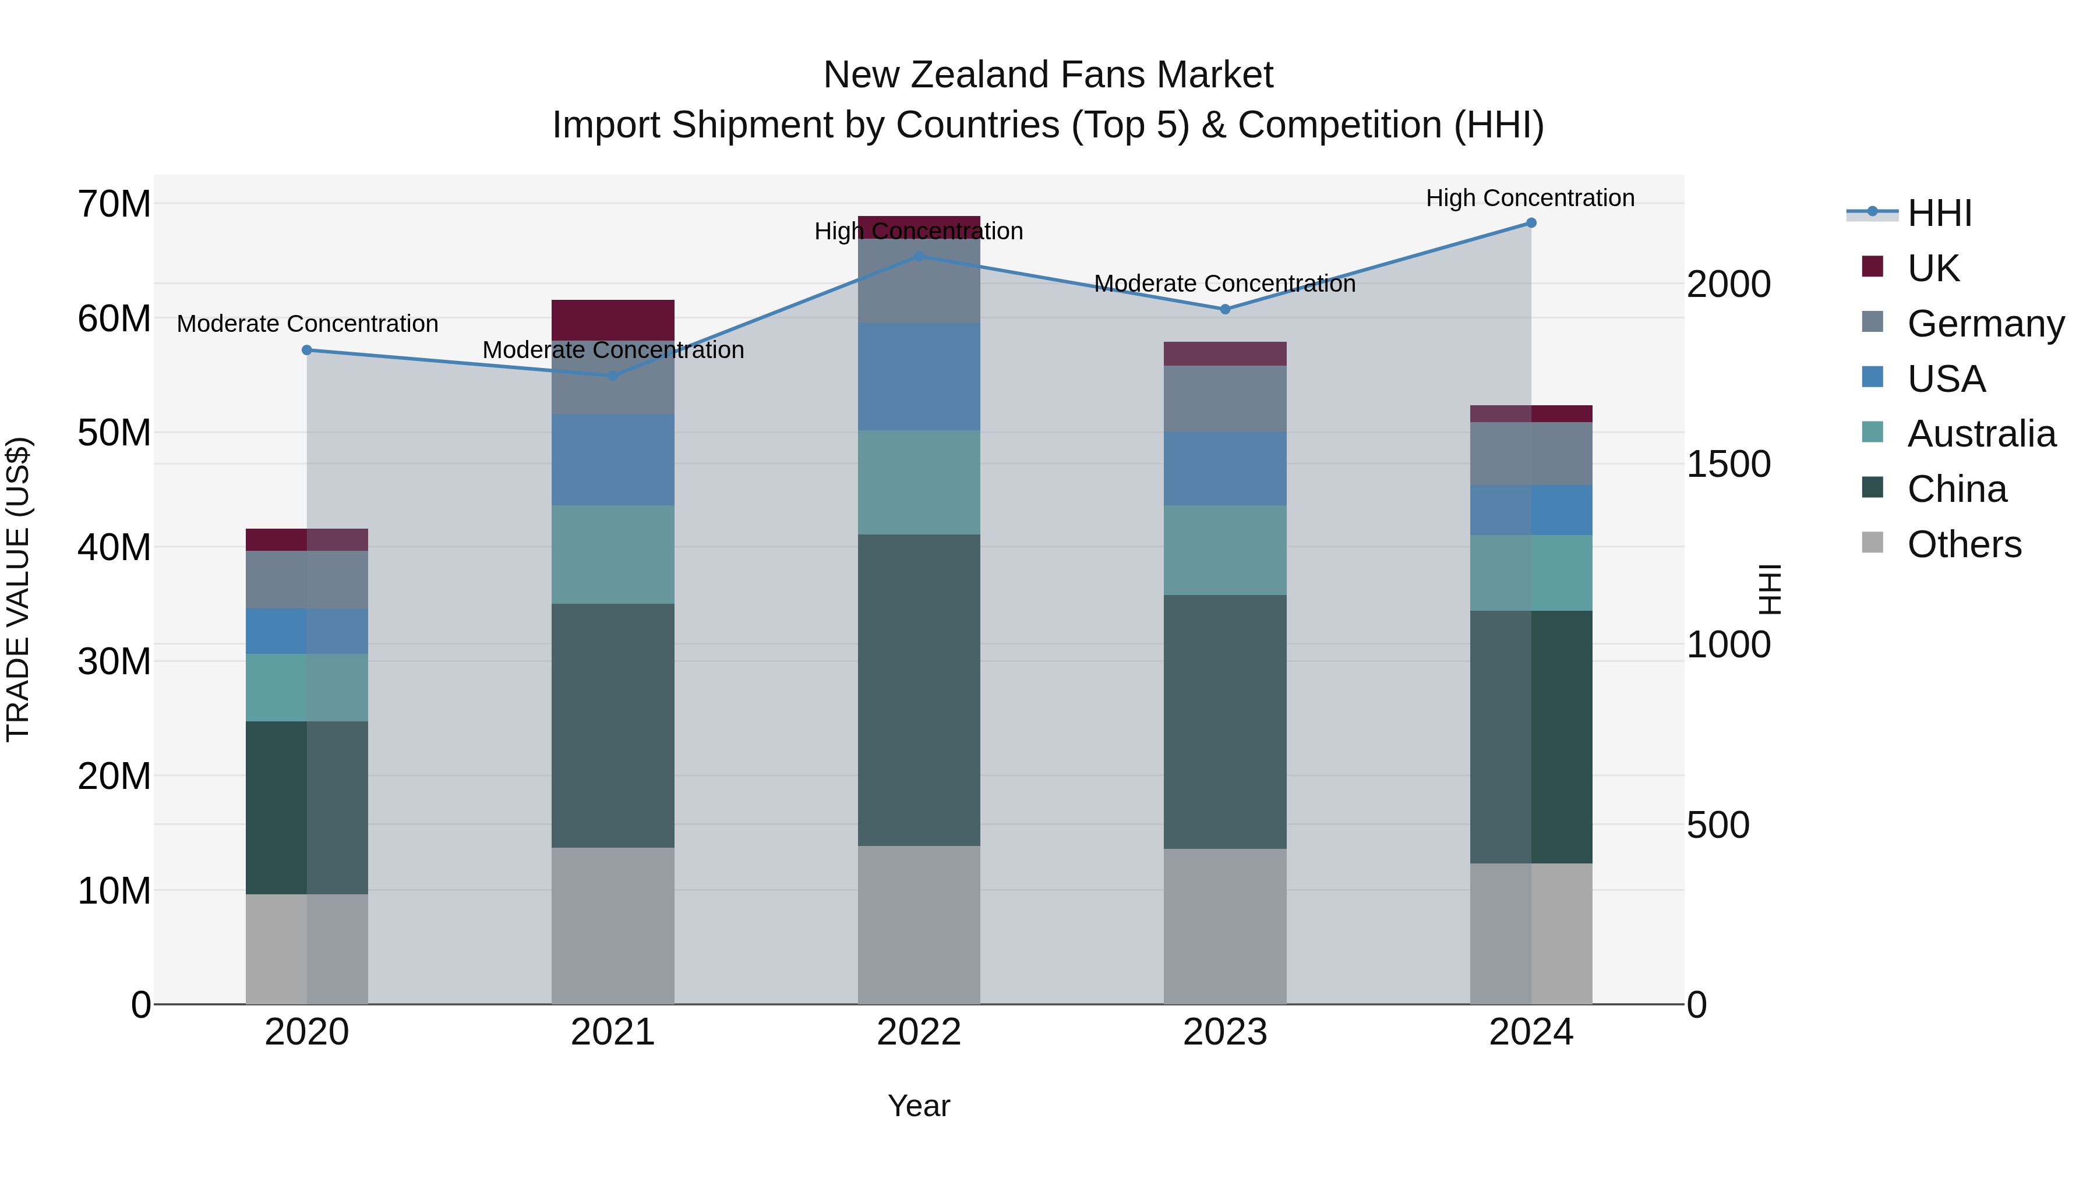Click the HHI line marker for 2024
click(1530, 223)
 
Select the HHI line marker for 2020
click(307, 350)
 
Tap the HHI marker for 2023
click(1224, 309)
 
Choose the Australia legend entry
click(1980, 434)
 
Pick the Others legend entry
click(1964, 544)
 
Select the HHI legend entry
click(1939, 213)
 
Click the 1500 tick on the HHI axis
click(1728, 465)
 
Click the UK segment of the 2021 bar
click(613, 320)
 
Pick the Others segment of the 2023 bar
click(1224, 926)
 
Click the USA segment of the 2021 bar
click(613, 460)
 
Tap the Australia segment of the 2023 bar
click(1224, 550)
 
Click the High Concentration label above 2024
click(1530, 198)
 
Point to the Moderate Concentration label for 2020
click(307, 324)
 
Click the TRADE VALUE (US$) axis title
click(19, 589)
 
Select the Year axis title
click(918, 1106)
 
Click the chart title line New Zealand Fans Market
click(1048, 75)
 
